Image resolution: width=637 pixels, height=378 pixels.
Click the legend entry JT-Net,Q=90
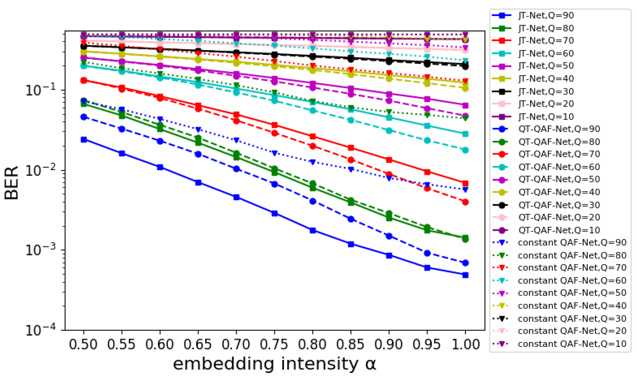pyautogui.click(x=546, y=16)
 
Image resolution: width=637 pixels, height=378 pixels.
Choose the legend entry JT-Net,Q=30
pyautogui.click(x=546, y=91)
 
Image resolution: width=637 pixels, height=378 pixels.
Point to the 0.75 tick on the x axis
pyautogui.click(x=274, y=344)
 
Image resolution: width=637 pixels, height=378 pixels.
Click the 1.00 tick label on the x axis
pyautogui.click(x=465, y=344)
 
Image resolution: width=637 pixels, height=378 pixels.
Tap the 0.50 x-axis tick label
pyautogui.click(x=83, y=344)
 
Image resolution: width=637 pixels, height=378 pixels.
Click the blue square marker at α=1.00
pyautogui.click(x=465, y=275)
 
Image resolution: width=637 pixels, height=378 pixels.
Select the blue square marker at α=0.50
pyautogui.click(x=84, y=140)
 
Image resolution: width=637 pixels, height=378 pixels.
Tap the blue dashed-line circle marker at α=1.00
pyautogui.click(x=465, y=263)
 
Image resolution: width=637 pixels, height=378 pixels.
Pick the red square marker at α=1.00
pyautogui.click(x=465, y=183)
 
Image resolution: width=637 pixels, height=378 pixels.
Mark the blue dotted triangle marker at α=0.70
pyautogui.click(x=236, y=140)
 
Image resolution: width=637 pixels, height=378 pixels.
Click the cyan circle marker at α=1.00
pyautogui.click(x=465, y=150)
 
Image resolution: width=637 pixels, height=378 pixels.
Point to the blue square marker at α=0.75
pyautogui.click(x=274, y=214)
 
